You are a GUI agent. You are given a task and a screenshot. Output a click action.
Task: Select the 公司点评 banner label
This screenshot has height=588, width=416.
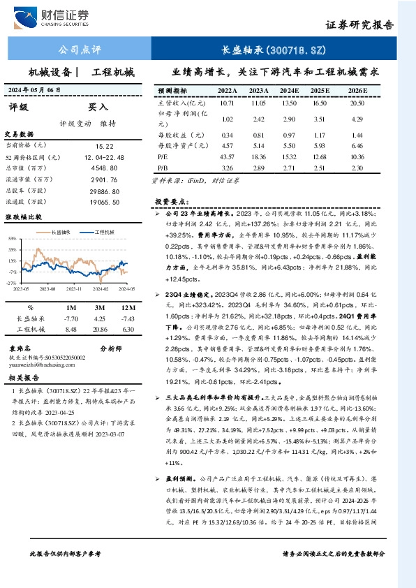coord(80,50)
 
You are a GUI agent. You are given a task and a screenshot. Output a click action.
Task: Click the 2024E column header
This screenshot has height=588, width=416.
coord(289,91)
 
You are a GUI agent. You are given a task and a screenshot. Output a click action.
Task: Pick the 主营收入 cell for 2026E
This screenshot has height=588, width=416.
coord(358,103)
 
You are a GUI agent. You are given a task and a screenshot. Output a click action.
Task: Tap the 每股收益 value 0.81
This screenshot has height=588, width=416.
coord(258,134)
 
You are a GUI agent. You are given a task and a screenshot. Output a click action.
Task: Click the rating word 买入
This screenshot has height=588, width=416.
coord(98,108)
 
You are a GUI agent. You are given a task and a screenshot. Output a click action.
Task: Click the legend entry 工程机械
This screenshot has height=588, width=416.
coord(105,232)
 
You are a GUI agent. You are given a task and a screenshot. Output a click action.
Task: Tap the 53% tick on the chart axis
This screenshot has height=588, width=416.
coord(13,238)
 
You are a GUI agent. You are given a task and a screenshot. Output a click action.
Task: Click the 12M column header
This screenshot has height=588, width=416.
coord(127,307)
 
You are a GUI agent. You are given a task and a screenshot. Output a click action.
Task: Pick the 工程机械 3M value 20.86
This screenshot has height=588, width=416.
coord(100,329)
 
